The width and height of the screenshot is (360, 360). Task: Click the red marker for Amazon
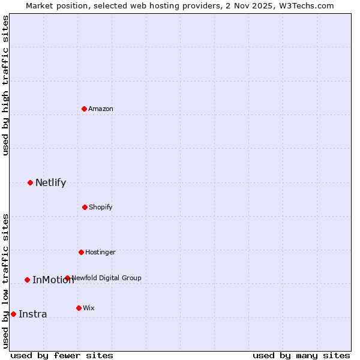click(x=85, y=109)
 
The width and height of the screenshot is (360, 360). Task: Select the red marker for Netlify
click(x=31, y=182)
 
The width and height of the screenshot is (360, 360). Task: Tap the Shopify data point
click(x=85, y=207)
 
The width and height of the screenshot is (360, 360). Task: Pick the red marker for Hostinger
click(x=81, y=252)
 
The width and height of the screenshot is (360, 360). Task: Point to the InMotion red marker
click(x=27, y=280)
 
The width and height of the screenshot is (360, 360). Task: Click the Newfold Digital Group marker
click(x=67, y=278)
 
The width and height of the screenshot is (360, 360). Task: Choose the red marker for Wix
click(x=79, y=308)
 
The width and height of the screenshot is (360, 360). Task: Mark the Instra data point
click(x=13, y=314)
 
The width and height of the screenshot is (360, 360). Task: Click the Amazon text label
click(x=101, y=109)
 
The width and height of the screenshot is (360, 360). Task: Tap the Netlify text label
click(x=50, y=183)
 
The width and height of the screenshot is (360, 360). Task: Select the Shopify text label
click(x=101, y=207)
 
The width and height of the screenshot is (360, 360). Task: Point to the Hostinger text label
click(x=100, y=252)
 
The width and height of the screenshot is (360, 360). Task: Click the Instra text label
click(x=32, y=314)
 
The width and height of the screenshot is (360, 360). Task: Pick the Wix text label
click(x=89, y=308)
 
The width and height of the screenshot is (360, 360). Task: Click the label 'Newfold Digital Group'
click(x=106, y=278)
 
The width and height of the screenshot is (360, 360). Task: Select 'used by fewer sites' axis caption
click(x=62, y=355)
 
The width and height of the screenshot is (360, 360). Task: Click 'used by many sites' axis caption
click(x=301, y=355)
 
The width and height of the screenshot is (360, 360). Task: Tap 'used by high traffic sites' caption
click(x=6, y=85)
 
